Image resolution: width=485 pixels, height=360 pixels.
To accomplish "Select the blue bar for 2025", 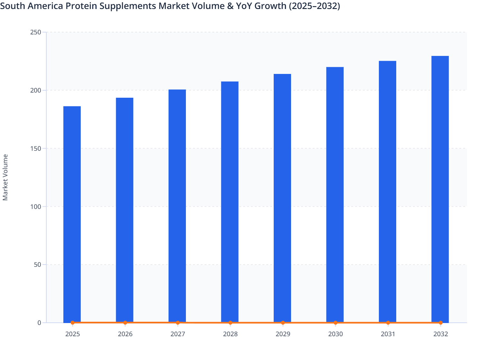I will [x=72, y=212].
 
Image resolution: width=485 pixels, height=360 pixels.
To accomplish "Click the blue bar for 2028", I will [x=230, y=199].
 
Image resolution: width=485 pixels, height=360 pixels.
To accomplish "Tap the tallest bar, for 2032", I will [x=440, y=186].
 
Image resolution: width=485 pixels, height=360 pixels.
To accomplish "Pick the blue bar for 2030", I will [x=335, y=193].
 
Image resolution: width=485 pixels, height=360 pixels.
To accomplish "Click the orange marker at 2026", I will [x=125, y=322].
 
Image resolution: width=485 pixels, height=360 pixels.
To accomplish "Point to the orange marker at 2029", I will [x=283, y=322].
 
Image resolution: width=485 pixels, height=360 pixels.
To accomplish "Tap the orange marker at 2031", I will [x=388, y=322].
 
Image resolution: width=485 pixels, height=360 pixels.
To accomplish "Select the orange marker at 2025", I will [x=72, y=322].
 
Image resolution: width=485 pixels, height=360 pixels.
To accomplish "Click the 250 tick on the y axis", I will [x=35, y=32].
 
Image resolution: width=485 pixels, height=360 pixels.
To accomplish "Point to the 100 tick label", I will [x=35, y=206].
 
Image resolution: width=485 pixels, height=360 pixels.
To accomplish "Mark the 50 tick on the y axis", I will [x=37, y=265].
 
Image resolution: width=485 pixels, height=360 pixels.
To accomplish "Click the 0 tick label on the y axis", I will [x=39, y=323].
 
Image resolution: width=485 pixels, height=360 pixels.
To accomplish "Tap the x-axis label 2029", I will [x=283, y=334].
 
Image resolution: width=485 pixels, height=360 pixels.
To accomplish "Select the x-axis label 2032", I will [x=440, y=334].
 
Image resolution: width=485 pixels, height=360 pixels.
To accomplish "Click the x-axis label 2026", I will [x=125, y=334].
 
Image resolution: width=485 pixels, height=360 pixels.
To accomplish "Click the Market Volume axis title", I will [x=5, y=177].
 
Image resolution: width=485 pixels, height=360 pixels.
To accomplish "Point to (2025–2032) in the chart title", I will [x=314, y=6].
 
